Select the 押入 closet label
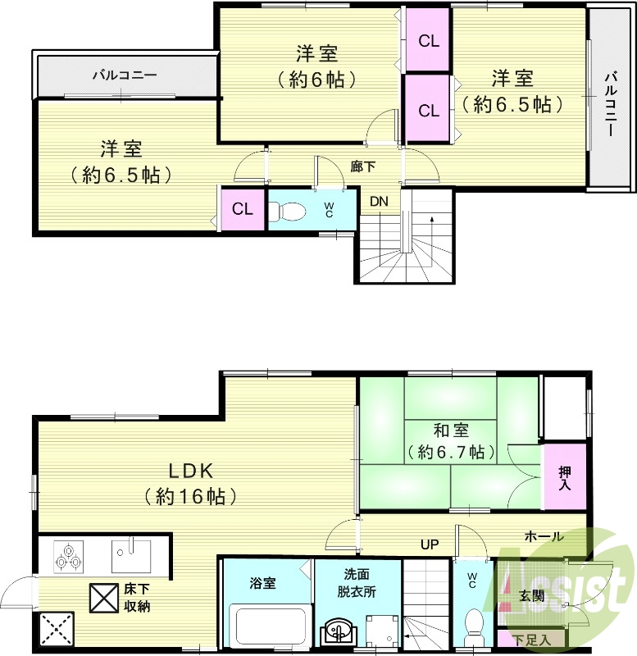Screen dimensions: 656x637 (x=565, y=478)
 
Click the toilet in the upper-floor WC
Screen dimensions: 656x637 (x=286, y=211)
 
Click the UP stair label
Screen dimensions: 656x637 (x=430, y=544)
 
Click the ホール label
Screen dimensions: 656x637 (x=543, y=537)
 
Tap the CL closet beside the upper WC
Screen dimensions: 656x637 (x=242, y=208)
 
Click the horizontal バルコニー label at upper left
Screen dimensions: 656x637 (x=124, y=75)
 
